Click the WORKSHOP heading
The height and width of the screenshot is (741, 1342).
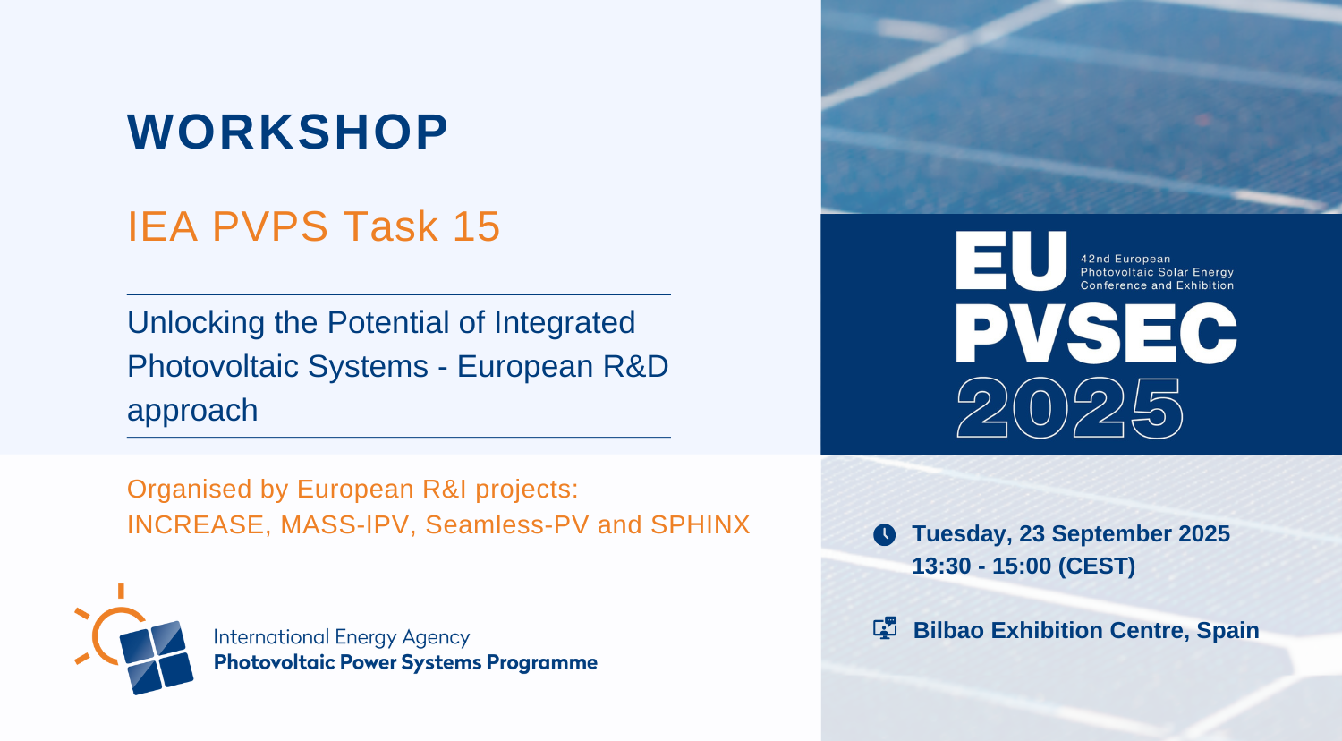click(287, 132)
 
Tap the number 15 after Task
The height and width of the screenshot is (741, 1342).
click(476, 226)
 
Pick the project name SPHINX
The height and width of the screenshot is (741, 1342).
click(700, 524)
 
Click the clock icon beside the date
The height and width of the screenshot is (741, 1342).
click(884, 534)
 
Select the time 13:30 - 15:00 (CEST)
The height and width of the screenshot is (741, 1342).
click(1023, 566)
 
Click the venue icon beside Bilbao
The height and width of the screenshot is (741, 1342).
click(885, 628)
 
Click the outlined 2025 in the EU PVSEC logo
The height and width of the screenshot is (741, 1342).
click(1069, 408)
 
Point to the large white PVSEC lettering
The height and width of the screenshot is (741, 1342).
click(1096, 333)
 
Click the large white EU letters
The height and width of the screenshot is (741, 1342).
click(1011, 261)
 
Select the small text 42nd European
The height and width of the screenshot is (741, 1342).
click(1125, 259)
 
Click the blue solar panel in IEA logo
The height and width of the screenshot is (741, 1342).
click(157, 658)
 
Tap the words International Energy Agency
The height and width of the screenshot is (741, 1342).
click(342, 637)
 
